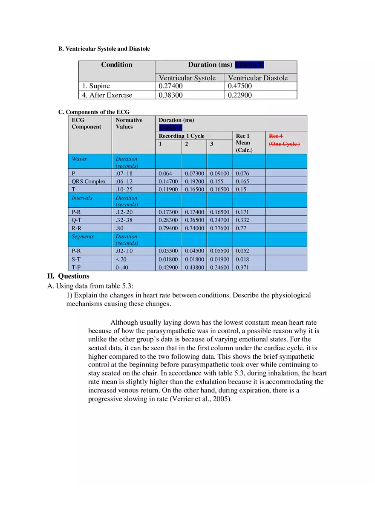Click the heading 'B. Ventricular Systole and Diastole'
(x=104, y=49)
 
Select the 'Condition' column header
(x=116, y=65)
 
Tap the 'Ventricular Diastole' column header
(x=258, y=78)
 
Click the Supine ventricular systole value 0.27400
(x=170, y=86)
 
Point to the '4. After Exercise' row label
(x=107, y=95)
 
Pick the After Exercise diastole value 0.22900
(x=240, y=95)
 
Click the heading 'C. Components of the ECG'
(x=94, y=112)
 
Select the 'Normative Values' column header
(x=129, y=123)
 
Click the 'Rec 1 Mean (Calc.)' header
(x=244, y=143)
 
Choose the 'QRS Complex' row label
(x=89, y=181)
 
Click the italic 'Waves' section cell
(x=79, y=159)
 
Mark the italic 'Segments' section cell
(x=83, y=236)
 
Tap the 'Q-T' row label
(x=77, y=220)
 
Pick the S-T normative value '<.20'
(x=121, y=259)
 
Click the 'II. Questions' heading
(x=68, y=276)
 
